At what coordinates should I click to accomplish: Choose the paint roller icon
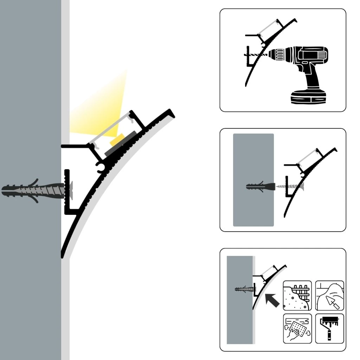(x=329, y=328)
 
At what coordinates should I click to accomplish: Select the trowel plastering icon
(x=329, y=295)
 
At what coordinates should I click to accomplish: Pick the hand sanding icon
(x=297, y=328)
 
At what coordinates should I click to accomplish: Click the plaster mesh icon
(x=297, y=295)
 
